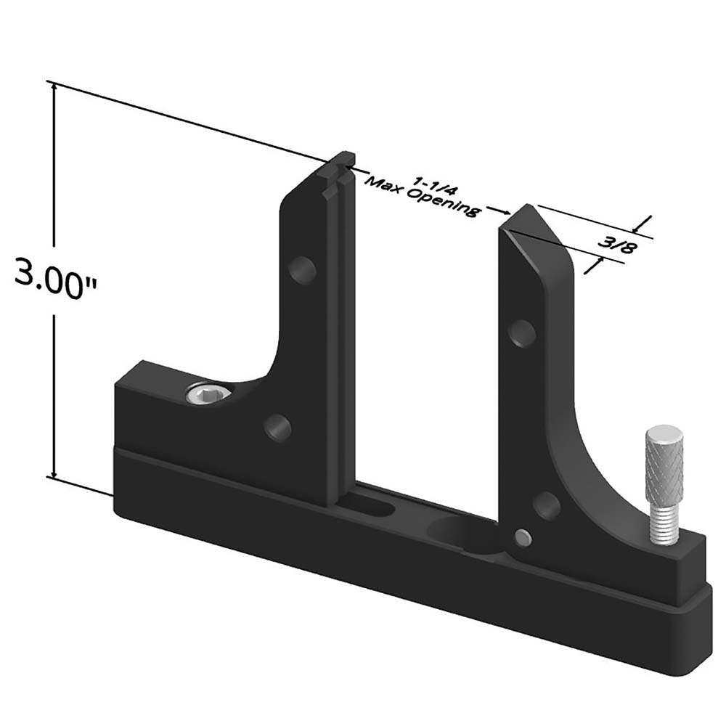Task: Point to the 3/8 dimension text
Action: (616, 245)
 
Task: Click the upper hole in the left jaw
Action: (303, 269)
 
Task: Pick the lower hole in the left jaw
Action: (278, 427)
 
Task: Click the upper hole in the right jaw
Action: (523, 332)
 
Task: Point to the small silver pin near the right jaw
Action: (522, 537)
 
